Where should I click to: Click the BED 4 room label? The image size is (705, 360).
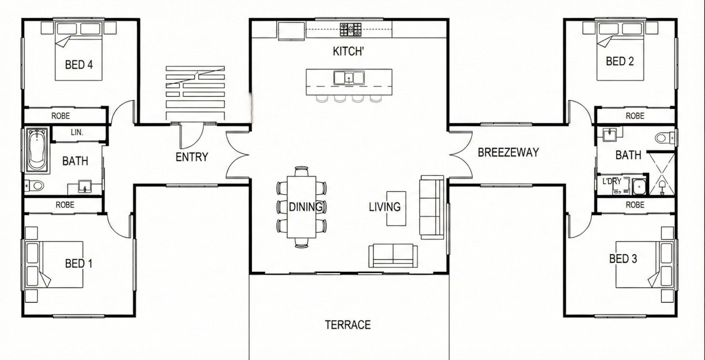(79, 65)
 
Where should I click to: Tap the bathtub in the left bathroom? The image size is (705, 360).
(37, 150)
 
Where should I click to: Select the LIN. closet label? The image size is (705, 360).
(77, 132)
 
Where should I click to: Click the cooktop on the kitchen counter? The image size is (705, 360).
(350, 29)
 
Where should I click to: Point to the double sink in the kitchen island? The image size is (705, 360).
(348, 78)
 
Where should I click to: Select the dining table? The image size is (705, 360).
(302, 206)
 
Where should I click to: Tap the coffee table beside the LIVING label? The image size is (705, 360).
(396, 208)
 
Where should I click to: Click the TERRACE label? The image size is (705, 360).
(347, 325)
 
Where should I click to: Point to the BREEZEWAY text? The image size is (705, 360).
(508, 152)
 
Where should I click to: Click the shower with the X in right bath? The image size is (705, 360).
(661, 174)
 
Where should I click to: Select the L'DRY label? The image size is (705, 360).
(611, 180)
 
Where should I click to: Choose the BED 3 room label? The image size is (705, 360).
(623, 259)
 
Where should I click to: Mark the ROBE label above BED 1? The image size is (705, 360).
(65, 205)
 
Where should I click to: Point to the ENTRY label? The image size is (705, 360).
(191, 157)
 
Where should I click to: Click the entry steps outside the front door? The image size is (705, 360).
(195, 93)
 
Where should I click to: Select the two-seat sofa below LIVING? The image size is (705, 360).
(392, 255)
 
